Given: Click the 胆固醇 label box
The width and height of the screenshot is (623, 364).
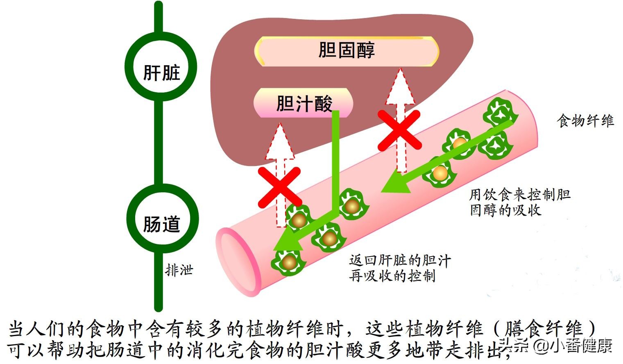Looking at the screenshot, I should pyautogui.click(x=347, y=51).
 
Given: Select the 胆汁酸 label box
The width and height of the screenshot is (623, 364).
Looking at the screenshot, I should pyautogui.click(x=304, y=103).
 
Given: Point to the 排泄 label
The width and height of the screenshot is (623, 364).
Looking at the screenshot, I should pyautogui.click(x=179, y=270).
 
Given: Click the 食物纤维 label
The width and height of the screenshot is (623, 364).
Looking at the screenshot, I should pyautogui.click(x=585, y=121).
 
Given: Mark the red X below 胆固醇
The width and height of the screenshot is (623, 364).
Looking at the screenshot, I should pyautogui.click(x=399, y=130).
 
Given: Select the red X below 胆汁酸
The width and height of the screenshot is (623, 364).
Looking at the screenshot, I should pyautogui.click(x=280, y=187).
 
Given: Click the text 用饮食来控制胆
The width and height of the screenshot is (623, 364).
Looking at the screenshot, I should pyautogui.click(x=519, y=194).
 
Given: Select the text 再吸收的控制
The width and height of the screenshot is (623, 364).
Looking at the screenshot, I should pyautogui.click(x=392, y=275).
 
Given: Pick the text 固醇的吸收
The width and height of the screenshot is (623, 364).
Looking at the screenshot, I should pyautogui.click(x=505, y=210).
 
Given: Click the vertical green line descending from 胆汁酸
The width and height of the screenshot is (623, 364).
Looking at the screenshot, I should pyautogui.click(x=335, y=160).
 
